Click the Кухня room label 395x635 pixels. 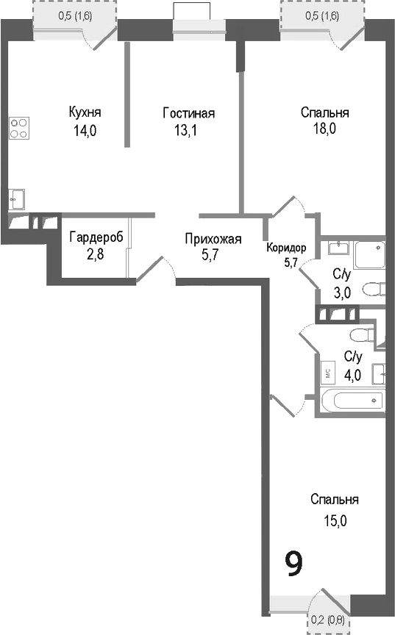click(85, 112)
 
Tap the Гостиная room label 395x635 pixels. click(188, 112)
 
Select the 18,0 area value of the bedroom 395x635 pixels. click(324, 130)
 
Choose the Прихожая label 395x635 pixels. click(213, 238)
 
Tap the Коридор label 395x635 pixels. click(287, 248)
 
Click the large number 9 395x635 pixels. click(293, 564)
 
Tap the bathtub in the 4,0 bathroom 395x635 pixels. click(352, 401)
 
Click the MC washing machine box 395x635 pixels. click(327, 374)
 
